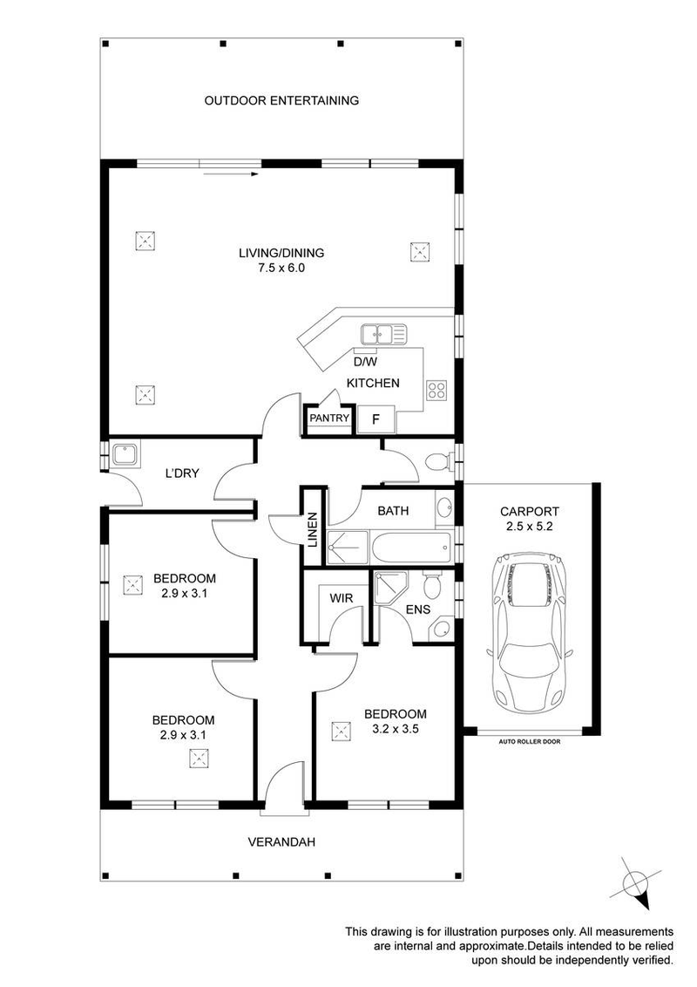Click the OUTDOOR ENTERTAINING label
click(x=281, y=100)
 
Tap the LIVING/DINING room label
click(x=281, y=253)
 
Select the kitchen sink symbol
click(x=383, y=334)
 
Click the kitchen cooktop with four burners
click(x=436, y=391)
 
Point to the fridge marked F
click(x=376, y=420)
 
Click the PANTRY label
click(x=329, y=418)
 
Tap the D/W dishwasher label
click(x=365, y=362)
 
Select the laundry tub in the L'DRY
click(x=125, y=454)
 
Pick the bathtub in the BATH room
click(x=411, y=548)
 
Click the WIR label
click(x=342, y=599)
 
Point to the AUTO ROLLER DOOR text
click(x=529, y=741)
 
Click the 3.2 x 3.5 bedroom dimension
click(x=396, y=730)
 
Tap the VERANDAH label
click(x=281, y=841)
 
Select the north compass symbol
click(x=635, y=884)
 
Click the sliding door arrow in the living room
click(x=231, y=174)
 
